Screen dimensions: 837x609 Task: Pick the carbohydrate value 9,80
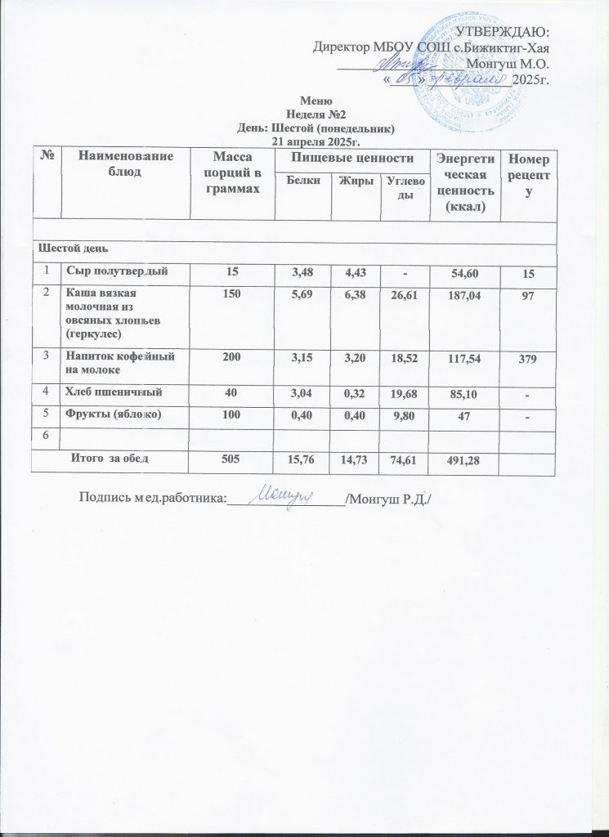(405, 417)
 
